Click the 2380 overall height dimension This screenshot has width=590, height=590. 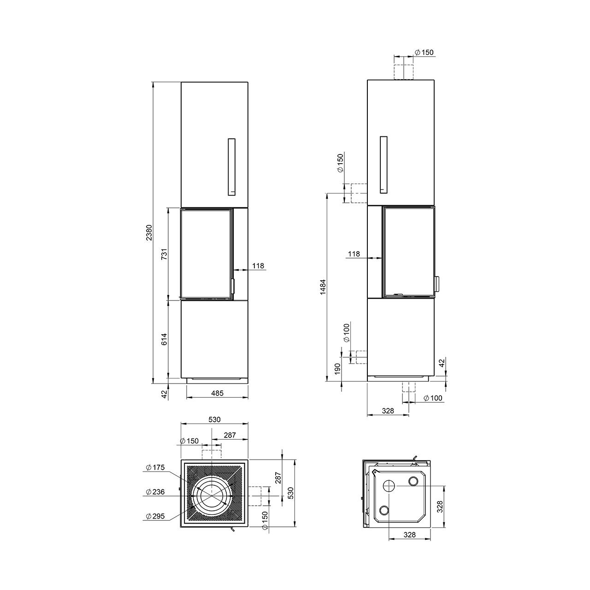tap(148, 232)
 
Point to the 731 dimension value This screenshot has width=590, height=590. tap(165, 254)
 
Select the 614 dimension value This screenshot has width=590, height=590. tap(165, 339)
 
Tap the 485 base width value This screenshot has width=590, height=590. tap(217, 393)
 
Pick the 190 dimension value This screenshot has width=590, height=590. tap(337, 368)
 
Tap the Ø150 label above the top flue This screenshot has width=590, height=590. tap(424, 53)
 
